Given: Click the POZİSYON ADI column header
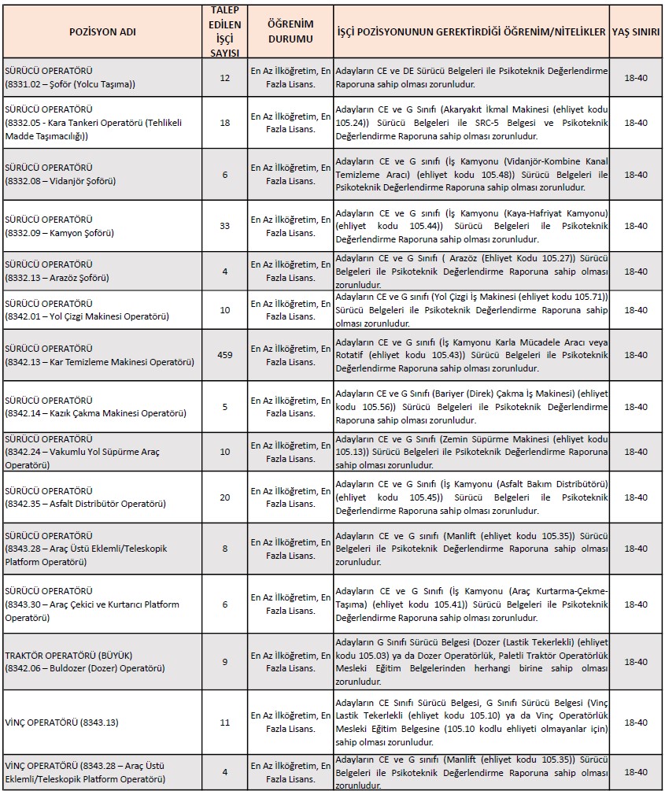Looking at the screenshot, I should click(102, 33).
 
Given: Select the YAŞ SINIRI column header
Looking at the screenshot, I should click(635, 33).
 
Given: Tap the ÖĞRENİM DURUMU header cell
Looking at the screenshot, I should click(290, 33).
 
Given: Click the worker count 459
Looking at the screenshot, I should click(224, 355).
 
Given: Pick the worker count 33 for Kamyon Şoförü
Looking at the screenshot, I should click(224, 226).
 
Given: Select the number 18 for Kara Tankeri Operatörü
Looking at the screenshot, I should click(224, 123).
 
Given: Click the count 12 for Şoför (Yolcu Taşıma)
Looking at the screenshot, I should click(224, 77).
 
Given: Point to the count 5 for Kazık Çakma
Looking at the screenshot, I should click(224, 406).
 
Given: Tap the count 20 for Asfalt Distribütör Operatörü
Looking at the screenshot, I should click(224, 497).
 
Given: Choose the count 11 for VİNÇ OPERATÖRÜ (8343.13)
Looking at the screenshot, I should click(224, 722).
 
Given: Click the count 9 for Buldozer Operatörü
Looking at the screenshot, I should click(224, 662).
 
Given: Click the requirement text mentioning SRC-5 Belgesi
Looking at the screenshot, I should click(471, 123).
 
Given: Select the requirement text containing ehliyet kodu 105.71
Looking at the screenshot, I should click(471, 310).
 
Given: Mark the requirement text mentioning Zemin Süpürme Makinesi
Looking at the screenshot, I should click(471, 452).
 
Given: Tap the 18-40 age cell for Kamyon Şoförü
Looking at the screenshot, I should click(635, 226).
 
